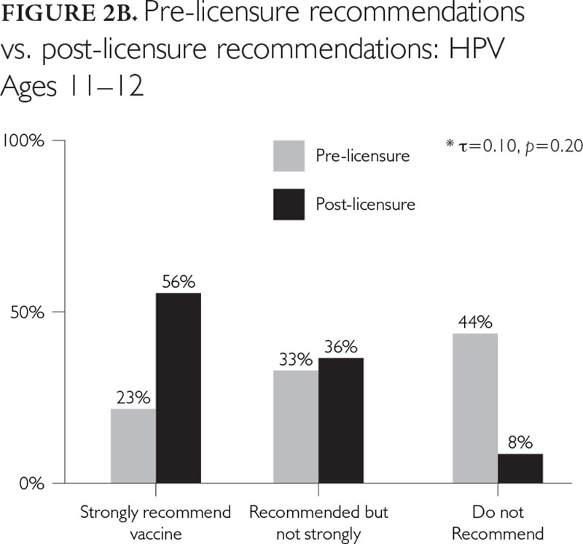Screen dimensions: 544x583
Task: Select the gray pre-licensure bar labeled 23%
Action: [x=133, y=446]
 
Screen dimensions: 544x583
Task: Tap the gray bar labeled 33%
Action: [x=295, y=427]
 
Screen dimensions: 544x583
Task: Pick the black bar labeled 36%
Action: [x=340, y=421]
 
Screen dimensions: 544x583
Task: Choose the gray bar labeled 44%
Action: [x=475, y=409]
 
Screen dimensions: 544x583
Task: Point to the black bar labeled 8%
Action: [x=520, y=468]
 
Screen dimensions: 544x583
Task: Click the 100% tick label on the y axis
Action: [x=25, y=141]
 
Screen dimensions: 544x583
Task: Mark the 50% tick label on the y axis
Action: [x=29, y=312]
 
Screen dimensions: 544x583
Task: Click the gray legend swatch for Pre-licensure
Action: [x=289, y=156]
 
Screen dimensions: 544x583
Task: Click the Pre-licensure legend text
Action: [x=362, y=156]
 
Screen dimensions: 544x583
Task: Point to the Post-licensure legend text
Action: [x=365, y=204]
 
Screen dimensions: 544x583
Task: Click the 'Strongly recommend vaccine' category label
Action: [x=154, y=522]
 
